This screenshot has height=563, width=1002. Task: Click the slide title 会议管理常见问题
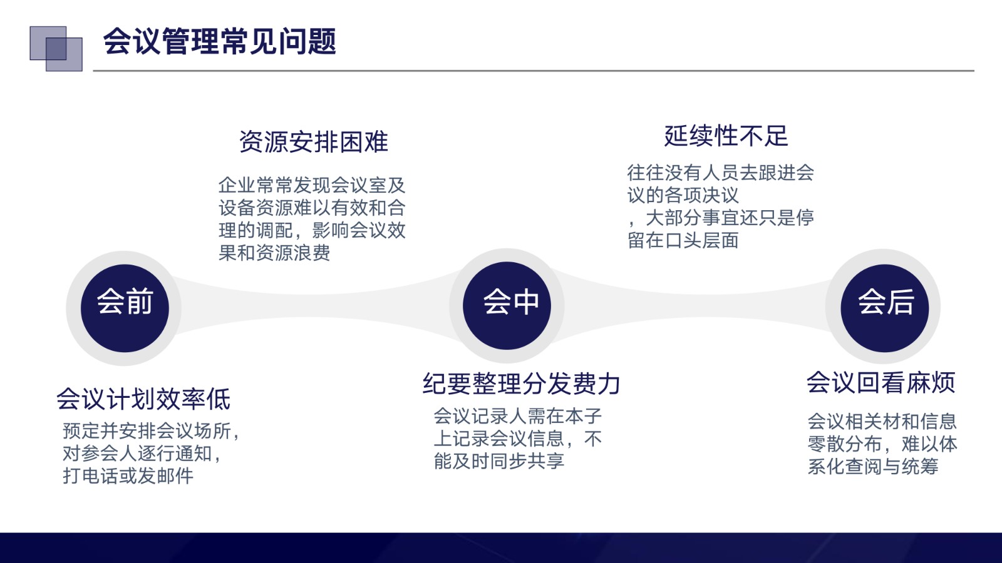(219, 41)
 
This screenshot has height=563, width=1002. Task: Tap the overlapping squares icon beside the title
(56, 48)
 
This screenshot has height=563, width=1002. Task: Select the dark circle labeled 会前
(125, 308)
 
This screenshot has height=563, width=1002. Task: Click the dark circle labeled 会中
(507, 306)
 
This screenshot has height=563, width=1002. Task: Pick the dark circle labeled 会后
(885, 308)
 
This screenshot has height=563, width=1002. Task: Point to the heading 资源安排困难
(314, 142)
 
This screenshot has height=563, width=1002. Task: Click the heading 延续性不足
(726, 136)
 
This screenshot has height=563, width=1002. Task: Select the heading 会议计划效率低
(143, 399)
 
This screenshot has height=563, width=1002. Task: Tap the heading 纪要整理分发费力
(521, 383)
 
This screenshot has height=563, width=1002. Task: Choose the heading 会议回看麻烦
(881, 382)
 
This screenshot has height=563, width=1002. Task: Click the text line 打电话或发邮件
(128, 475)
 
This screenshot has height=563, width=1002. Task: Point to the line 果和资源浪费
(274, 253)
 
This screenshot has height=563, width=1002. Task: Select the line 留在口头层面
(683, 240)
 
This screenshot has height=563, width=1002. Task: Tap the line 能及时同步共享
(499, 461)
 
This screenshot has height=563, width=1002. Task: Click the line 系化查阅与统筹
(873, 467)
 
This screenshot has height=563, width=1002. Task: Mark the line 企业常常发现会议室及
(312, 185)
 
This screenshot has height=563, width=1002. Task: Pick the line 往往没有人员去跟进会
(721, 173)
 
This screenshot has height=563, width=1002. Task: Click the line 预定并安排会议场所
(147, 431)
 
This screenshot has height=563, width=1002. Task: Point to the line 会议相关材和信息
(882, 422)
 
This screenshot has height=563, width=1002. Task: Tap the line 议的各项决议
(683, 195)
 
